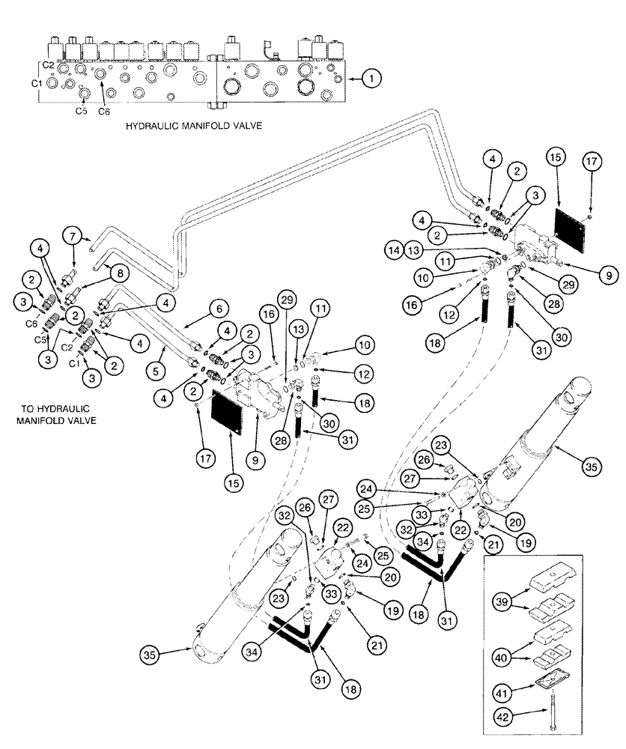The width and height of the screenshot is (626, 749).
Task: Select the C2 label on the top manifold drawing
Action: point(49,66)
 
